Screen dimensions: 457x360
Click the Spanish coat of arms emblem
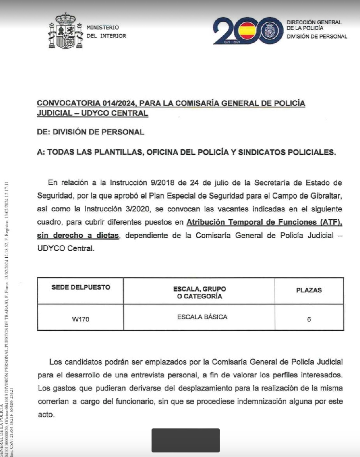coord(65,31)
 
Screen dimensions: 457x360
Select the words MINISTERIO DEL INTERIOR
coord(106,31)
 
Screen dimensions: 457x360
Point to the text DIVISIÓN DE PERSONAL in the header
coord(316,36)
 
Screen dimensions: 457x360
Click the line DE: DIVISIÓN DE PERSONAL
coord(90,132)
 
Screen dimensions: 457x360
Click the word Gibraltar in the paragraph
coord(324,196)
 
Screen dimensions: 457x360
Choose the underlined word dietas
coord(107,235)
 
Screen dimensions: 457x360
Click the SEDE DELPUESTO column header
coord(81,287)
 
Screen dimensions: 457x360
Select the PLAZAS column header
coord(309,290)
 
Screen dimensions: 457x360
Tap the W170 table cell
coord(81,319)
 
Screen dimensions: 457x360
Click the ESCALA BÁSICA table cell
coord(202,317)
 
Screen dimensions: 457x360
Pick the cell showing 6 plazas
coord(309,319)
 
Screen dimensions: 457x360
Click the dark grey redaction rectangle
coord(186,440)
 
